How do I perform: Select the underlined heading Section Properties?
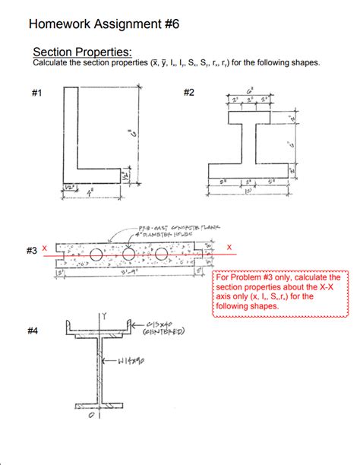(x=83, y=52)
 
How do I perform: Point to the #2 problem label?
(x=189, y=93)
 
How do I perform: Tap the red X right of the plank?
(x=229, y=248)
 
